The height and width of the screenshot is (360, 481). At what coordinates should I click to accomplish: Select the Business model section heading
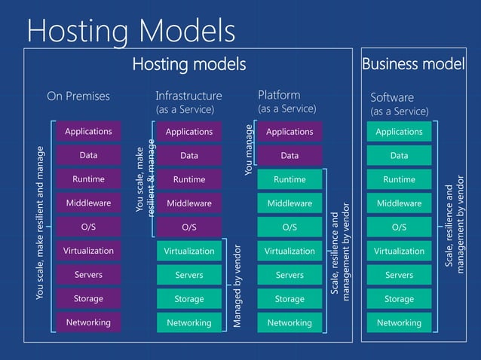click(413, 65)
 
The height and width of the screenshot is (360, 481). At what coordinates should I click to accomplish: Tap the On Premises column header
click(78, 96)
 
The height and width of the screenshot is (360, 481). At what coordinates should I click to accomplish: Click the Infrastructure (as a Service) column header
click(188, 102)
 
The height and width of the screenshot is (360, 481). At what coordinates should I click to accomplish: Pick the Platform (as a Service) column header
click(286, 102)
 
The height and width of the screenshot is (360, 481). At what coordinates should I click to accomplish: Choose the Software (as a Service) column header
click(399, 104)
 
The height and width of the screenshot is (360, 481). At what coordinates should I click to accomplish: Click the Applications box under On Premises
click(88, 132)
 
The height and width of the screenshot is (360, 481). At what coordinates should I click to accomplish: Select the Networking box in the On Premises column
click(88, 322)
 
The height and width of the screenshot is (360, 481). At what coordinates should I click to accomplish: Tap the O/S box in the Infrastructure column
click(189, 227)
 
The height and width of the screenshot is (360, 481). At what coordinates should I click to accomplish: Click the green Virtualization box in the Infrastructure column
click(189, 251)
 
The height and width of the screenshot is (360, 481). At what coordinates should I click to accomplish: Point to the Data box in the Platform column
click(290, 156)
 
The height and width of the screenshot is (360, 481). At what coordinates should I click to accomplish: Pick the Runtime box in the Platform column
click(290, 180)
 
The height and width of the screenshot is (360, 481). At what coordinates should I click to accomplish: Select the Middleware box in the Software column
click(399, 203)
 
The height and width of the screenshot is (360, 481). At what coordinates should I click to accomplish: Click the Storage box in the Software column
click(399, 299)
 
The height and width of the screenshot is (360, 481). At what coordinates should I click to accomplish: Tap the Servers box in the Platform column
click(290, 275)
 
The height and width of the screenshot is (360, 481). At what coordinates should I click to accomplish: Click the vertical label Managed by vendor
click(237, 286)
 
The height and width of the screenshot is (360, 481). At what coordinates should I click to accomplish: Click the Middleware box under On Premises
click(88, 203)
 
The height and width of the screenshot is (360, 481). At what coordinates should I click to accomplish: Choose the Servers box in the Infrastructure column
click(189, 275)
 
